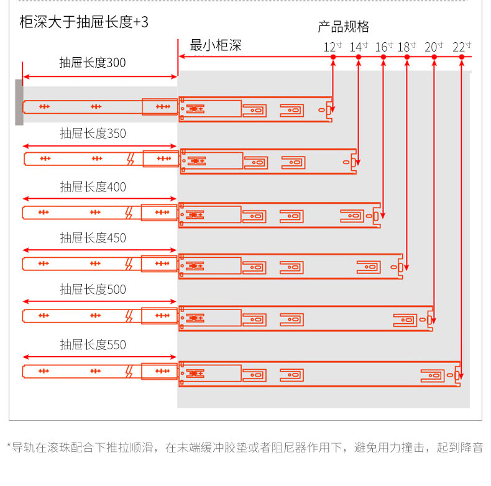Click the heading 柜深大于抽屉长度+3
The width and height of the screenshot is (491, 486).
coord(84,22)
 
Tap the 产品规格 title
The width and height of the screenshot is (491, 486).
coord(344,27)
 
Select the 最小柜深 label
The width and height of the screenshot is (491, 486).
coord(216,45)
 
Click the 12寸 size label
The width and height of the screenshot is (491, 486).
coord(333,47)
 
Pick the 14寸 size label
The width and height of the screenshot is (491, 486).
coord(359,47)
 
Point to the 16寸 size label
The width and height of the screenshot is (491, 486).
coord(384,47)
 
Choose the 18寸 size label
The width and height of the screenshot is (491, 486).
coord(406,47)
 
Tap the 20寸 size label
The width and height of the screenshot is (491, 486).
coord(434,47)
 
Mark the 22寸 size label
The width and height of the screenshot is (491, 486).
coord(462,47)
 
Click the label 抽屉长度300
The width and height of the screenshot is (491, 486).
coord(93,63)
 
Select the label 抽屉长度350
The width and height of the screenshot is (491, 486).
coord(93,134)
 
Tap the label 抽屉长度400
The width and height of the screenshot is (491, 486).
coord(93,187)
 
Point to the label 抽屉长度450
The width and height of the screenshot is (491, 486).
coord(93,238)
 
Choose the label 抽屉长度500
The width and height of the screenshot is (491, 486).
coord(93,290)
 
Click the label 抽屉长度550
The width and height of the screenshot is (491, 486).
coord(93,345)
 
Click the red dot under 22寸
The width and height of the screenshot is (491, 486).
coord(462,57)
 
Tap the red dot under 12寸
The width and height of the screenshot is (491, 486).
coord(333,57)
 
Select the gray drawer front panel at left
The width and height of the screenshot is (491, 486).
coord(19,103)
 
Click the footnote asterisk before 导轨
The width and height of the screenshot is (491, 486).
coord(9,445)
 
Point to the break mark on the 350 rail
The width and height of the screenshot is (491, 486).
coord(131,158)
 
